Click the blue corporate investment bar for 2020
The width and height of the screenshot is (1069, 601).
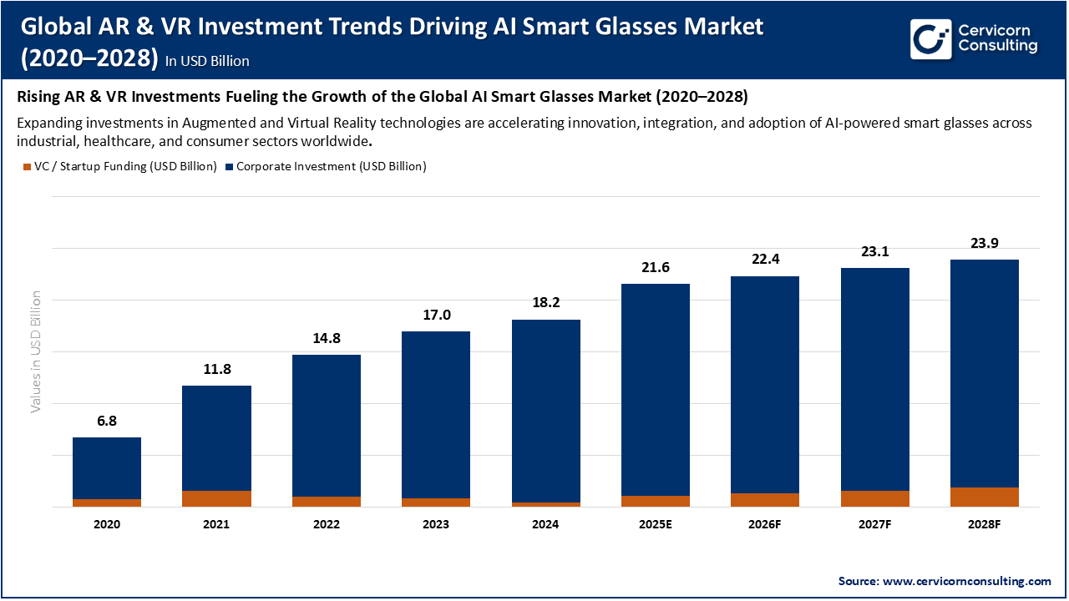[107, 467]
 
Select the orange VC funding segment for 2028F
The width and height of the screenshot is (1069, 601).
[984, 497]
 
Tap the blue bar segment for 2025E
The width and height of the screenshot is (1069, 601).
[655, 389]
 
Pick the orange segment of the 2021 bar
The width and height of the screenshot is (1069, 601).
[216, 498]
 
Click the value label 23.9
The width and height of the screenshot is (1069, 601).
[984, 243]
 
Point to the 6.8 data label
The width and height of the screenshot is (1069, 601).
[107, 421]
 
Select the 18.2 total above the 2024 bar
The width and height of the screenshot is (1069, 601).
[545, 303]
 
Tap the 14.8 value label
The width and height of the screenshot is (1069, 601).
[326, 338]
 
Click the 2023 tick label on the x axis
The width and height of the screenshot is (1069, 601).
[436, 524]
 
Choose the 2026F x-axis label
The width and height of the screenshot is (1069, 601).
[764, 524]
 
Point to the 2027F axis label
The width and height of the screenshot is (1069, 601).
[874, 524]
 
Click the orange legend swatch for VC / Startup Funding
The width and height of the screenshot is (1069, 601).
[26, 167]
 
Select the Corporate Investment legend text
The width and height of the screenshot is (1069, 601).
[331, 166]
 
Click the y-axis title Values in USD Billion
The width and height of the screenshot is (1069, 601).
[36, 351]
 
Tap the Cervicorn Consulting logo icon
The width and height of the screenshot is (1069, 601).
[930, 38]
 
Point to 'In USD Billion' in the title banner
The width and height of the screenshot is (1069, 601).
[207, 61]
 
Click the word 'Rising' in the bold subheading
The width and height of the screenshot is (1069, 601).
[38, 97]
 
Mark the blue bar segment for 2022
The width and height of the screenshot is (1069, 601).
[326, 425]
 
